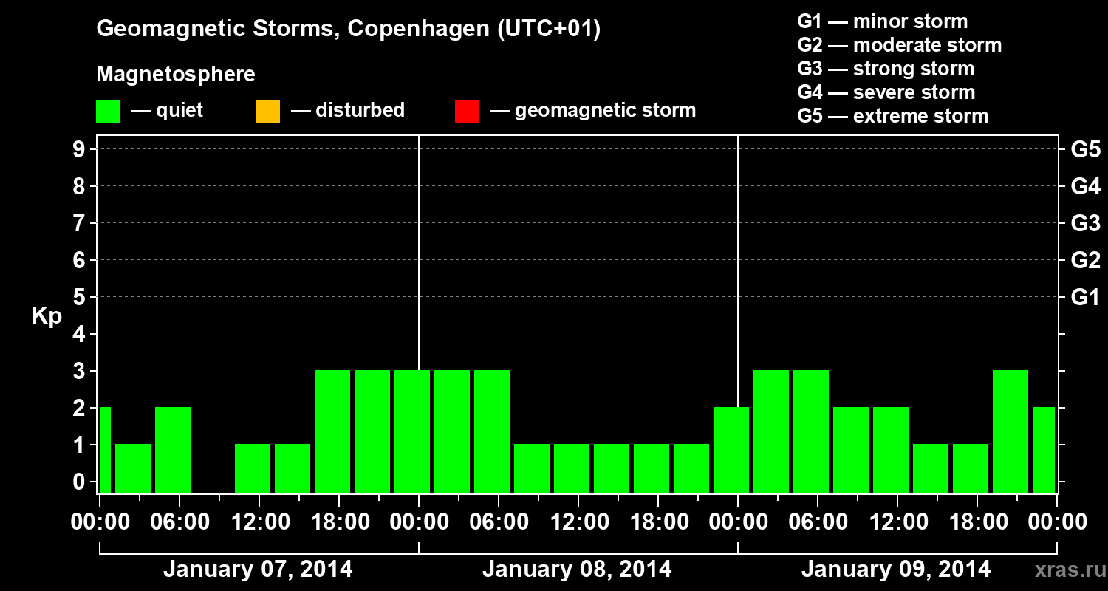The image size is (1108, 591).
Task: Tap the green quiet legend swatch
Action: coord(108,111)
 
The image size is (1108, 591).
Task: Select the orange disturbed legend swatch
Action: coord(267,111)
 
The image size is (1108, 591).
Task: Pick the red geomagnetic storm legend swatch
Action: coord(467,111)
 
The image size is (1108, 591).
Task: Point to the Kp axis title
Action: coord(46,315)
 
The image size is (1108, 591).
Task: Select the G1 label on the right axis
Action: coord(1085,298)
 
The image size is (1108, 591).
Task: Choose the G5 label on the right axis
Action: coord(1085,150)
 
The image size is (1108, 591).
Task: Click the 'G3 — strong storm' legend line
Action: coord(886,69)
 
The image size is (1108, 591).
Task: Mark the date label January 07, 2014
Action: coord(258,570)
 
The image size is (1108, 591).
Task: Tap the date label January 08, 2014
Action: coord(577,570)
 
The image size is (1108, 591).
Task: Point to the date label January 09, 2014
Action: coord(896,570)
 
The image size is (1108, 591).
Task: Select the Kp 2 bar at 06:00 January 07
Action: coord(173,449)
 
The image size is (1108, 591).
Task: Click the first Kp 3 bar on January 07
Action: coord(332,431)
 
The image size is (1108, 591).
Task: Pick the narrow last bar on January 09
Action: coord(1044,449)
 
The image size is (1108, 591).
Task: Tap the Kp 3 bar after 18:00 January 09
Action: coord(1010,431)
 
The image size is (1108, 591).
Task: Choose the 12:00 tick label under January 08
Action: coord(578,522)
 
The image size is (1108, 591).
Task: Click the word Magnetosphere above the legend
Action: coord(176,75)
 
